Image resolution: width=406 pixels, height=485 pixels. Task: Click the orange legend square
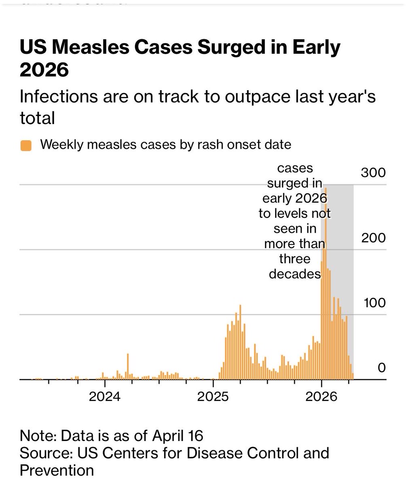[26, 145]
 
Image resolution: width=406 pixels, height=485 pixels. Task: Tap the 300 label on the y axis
[373, 173]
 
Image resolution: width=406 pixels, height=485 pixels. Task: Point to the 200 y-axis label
[373, 238]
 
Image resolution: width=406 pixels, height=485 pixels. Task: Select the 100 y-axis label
[374, 303]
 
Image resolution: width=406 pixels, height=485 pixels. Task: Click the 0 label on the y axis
[382, 368]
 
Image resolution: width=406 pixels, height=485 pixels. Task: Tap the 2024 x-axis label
[105, 396]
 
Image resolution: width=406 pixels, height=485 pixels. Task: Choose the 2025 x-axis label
[213, 396]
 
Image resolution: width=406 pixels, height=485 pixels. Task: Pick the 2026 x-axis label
[321, 396]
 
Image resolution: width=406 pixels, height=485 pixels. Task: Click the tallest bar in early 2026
[326, 284]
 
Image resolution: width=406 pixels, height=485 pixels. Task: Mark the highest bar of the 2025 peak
[240, 342]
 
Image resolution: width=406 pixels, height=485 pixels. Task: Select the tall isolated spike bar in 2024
[128, 367]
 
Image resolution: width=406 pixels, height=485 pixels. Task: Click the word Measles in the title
[91, 47]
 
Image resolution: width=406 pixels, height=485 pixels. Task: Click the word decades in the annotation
[295, 274]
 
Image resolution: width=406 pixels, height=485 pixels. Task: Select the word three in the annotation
[295, 259]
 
